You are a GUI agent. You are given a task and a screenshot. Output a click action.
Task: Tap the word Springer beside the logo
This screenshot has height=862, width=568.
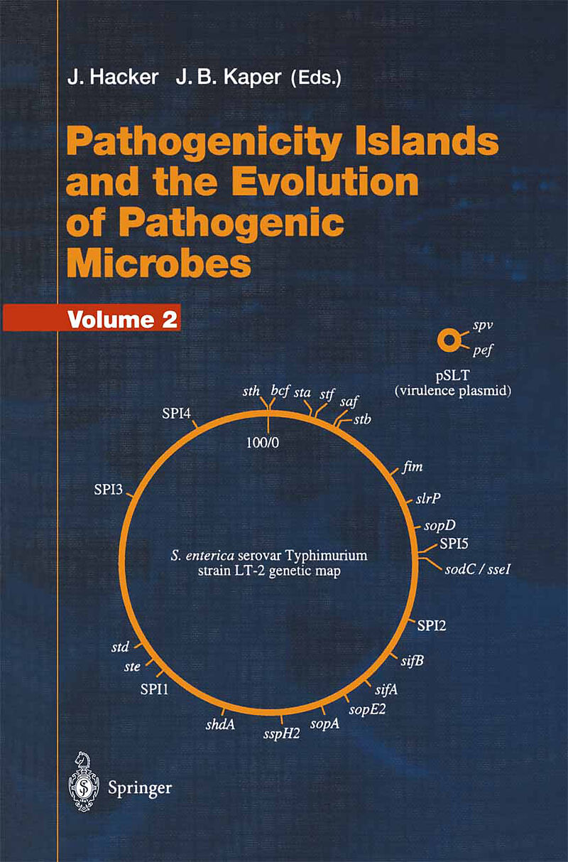click(140, 787)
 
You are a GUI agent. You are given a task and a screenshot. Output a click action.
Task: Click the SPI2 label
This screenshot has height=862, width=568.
click(432, 625)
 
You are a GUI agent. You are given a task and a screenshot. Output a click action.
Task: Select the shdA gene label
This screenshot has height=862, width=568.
click(220, 724)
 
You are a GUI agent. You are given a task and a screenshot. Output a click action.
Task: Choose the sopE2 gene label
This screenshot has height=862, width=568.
click(366, 709)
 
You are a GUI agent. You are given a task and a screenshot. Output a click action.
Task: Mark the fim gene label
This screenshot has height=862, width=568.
click(413, 467)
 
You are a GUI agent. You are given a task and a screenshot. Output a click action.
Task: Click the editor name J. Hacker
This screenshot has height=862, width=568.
click(112, 77)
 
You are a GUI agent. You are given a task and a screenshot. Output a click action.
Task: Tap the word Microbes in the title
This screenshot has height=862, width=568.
click(159, 264)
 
